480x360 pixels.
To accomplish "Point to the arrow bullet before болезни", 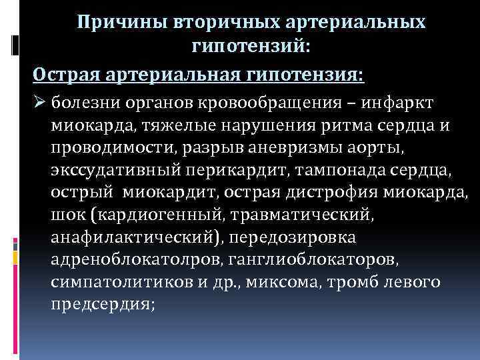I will [x=40, y=103].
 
